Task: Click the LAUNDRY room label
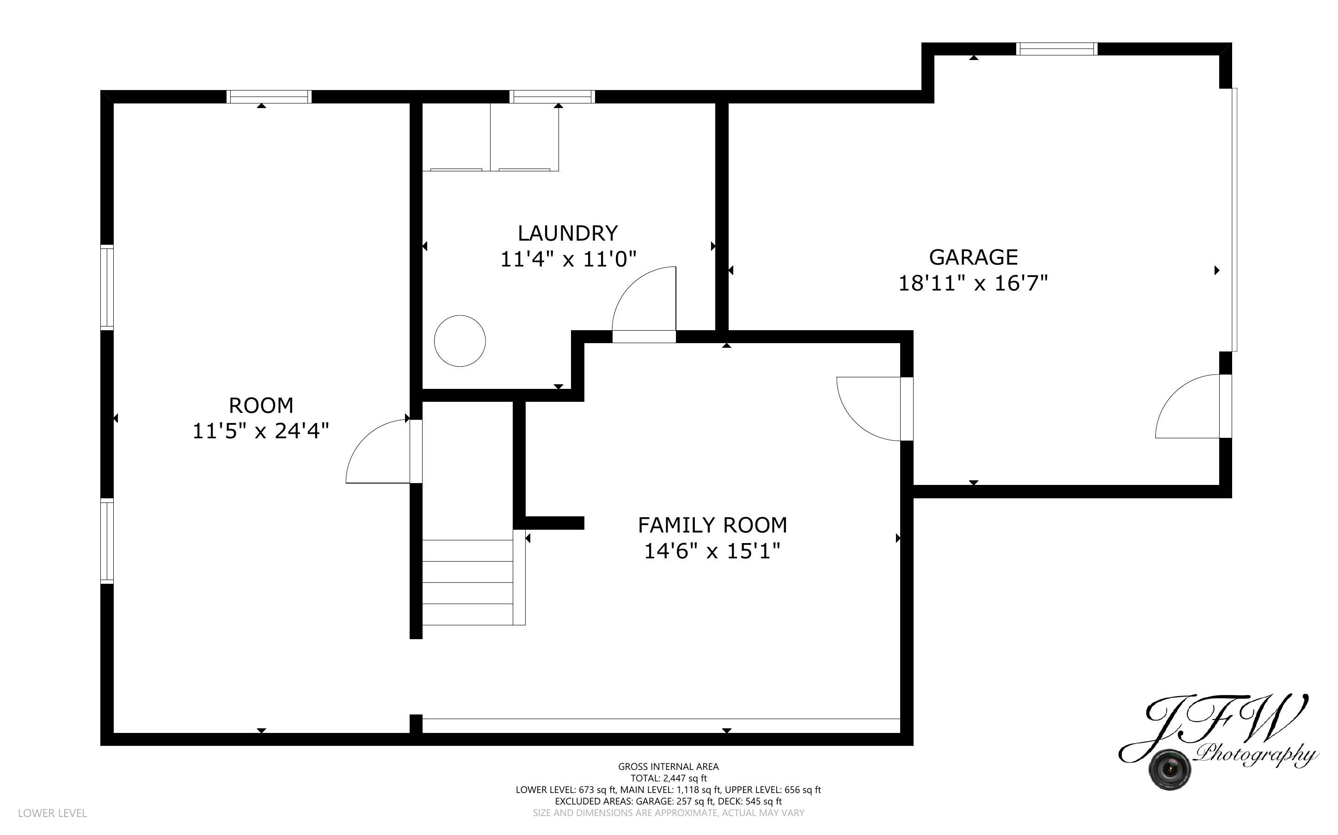point(568,233)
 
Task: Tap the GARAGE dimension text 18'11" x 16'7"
point(973,283)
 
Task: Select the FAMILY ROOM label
point(712,525)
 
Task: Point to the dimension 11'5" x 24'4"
point(260,431)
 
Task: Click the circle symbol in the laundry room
point(460,341)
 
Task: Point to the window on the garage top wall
point(1057,49)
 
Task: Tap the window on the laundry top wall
point(552,97)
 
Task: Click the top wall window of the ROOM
point(269,97)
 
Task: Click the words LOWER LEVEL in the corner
point(53,813)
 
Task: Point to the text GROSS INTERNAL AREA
point(668,767)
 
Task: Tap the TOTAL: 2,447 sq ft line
point(669,778)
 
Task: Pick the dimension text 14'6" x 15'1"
point(712,551)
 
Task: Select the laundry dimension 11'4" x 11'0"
point(568,259)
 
